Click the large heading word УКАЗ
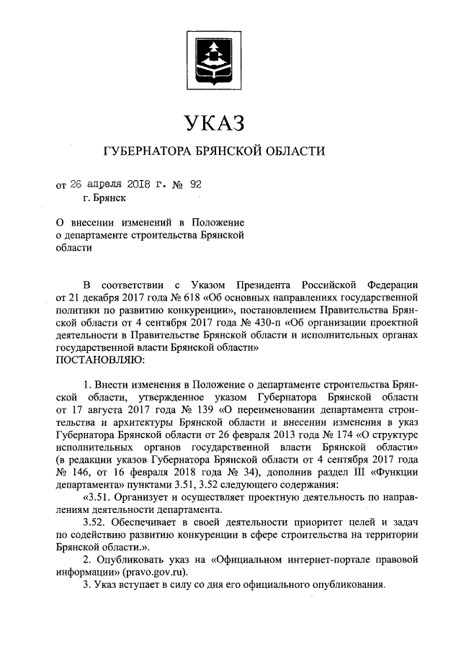pos(215,122)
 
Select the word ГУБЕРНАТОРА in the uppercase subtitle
pos(144,152)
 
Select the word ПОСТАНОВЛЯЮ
pos(99,358)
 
